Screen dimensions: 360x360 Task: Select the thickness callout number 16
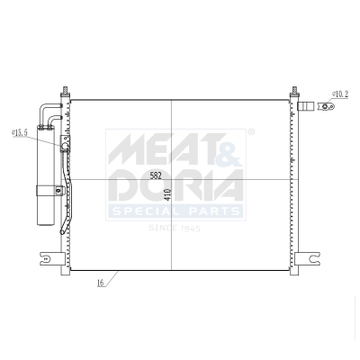(101, 283)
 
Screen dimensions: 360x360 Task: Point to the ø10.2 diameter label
(340, 93)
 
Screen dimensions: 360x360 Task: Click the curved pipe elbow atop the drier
(49, 109)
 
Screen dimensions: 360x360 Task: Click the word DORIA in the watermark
(175, 186)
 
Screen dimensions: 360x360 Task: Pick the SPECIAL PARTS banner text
(175, 212)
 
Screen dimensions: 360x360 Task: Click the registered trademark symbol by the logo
(251, 132)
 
